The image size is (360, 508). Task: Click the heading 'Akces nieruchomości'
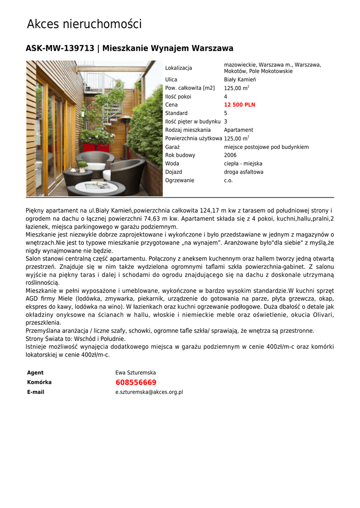(x=84, y=24)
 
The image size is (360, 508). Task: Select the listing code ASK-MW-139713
(x=60, y=48)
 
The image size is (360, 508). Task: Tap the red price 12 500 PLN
(x=239, y=105)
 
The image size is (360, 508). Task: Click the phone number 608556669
(x=136, y=382)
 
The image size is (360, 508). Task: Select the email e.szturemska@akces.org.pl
(x=149, y=392)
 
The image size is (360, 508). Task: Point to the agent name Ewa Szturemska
(x=136, y=373)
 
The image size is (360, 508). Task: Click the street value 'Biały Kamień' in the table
(x=240, y=79)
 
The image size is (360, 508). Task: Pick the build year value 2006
(x=230, y=155)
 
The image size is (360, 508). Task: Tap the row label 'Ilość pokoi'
(x=178, y=97)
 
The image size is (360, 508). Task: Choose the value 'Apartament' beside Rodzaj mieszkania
(x=238, y=130)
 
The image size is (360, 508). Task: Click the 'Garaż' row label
(x=172, y=147)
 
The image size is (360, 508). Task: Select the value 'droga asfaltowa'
(x=243, y=172)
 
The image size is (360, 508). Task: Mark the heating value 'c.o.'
(x=228, y=181)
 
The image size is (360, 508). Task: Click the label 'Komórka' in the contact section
(x=39, y=382)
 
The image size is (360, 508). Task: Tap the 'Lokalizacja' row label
(x=178, y=68)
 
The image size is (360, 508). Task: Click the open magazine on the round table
(x=97, y=185)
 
